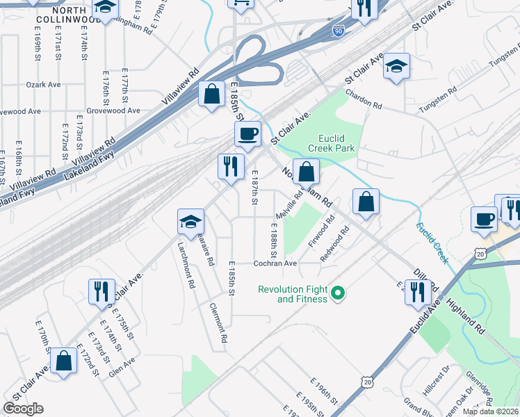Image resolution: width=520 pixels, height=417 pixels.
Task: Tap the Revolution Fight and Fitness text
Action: click(x=292, y=294)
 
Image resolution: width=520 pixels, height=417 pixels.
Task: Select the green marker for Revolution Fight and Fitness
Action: click(x=338, y=294)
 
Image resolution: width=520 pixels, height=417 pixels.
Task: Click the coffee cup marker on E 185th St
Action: click(x=248, y=134)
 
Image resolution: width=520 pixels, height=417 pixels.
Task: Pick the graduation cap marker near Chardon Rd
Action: click(x=396, y=67)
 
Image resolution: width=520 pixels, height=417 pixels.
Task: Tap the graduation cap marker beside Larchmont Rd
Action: click(x=190, y=222)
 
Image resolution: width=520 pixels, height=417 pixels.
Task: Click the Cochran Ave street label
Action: click(x=275, y=263)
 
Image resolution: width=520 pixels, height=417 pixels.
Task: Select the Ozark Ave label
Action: click(x=44, y=84)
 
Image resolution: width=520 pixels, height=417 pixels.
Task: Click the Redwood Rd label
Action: click(x=332, y=248)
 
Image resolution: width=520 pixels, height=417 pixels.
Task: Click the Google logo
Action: click(x=23, y=409)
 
